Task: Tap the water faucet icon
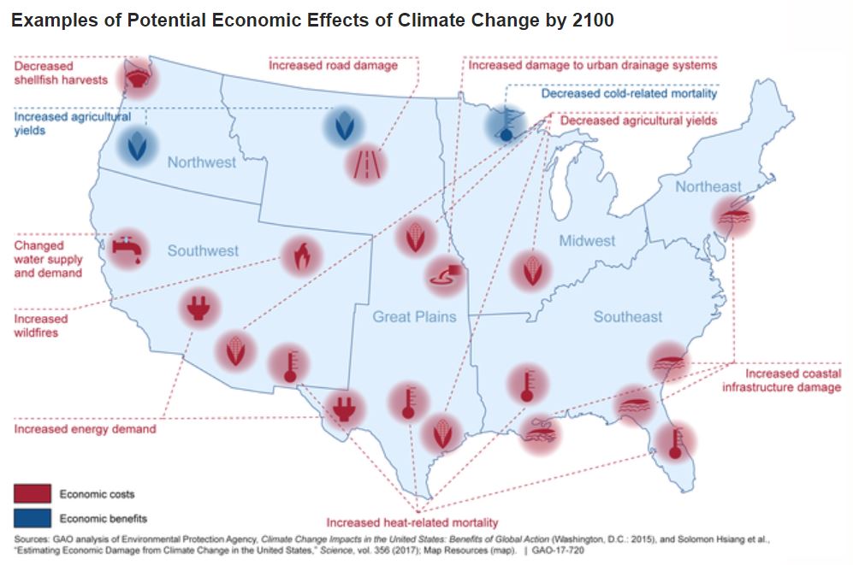(127, 249)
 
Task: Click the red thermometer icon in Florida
(676, 441)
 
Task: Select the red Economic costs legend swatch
(33, 494)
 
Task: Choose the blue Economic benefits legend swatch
(33, 518)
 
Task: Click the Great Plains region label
(414, 317)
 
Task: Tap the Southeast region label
(628, 317)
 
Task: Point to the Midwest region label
(587, 241)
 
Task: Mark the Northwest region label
(201, 162)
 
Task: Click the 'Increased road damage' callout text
(333, 65)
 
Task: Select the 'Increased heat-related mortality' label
(412, 522)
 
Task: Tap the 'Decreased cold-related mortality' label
(629, 93)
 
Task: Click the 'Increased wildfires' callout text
(40, 326)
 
